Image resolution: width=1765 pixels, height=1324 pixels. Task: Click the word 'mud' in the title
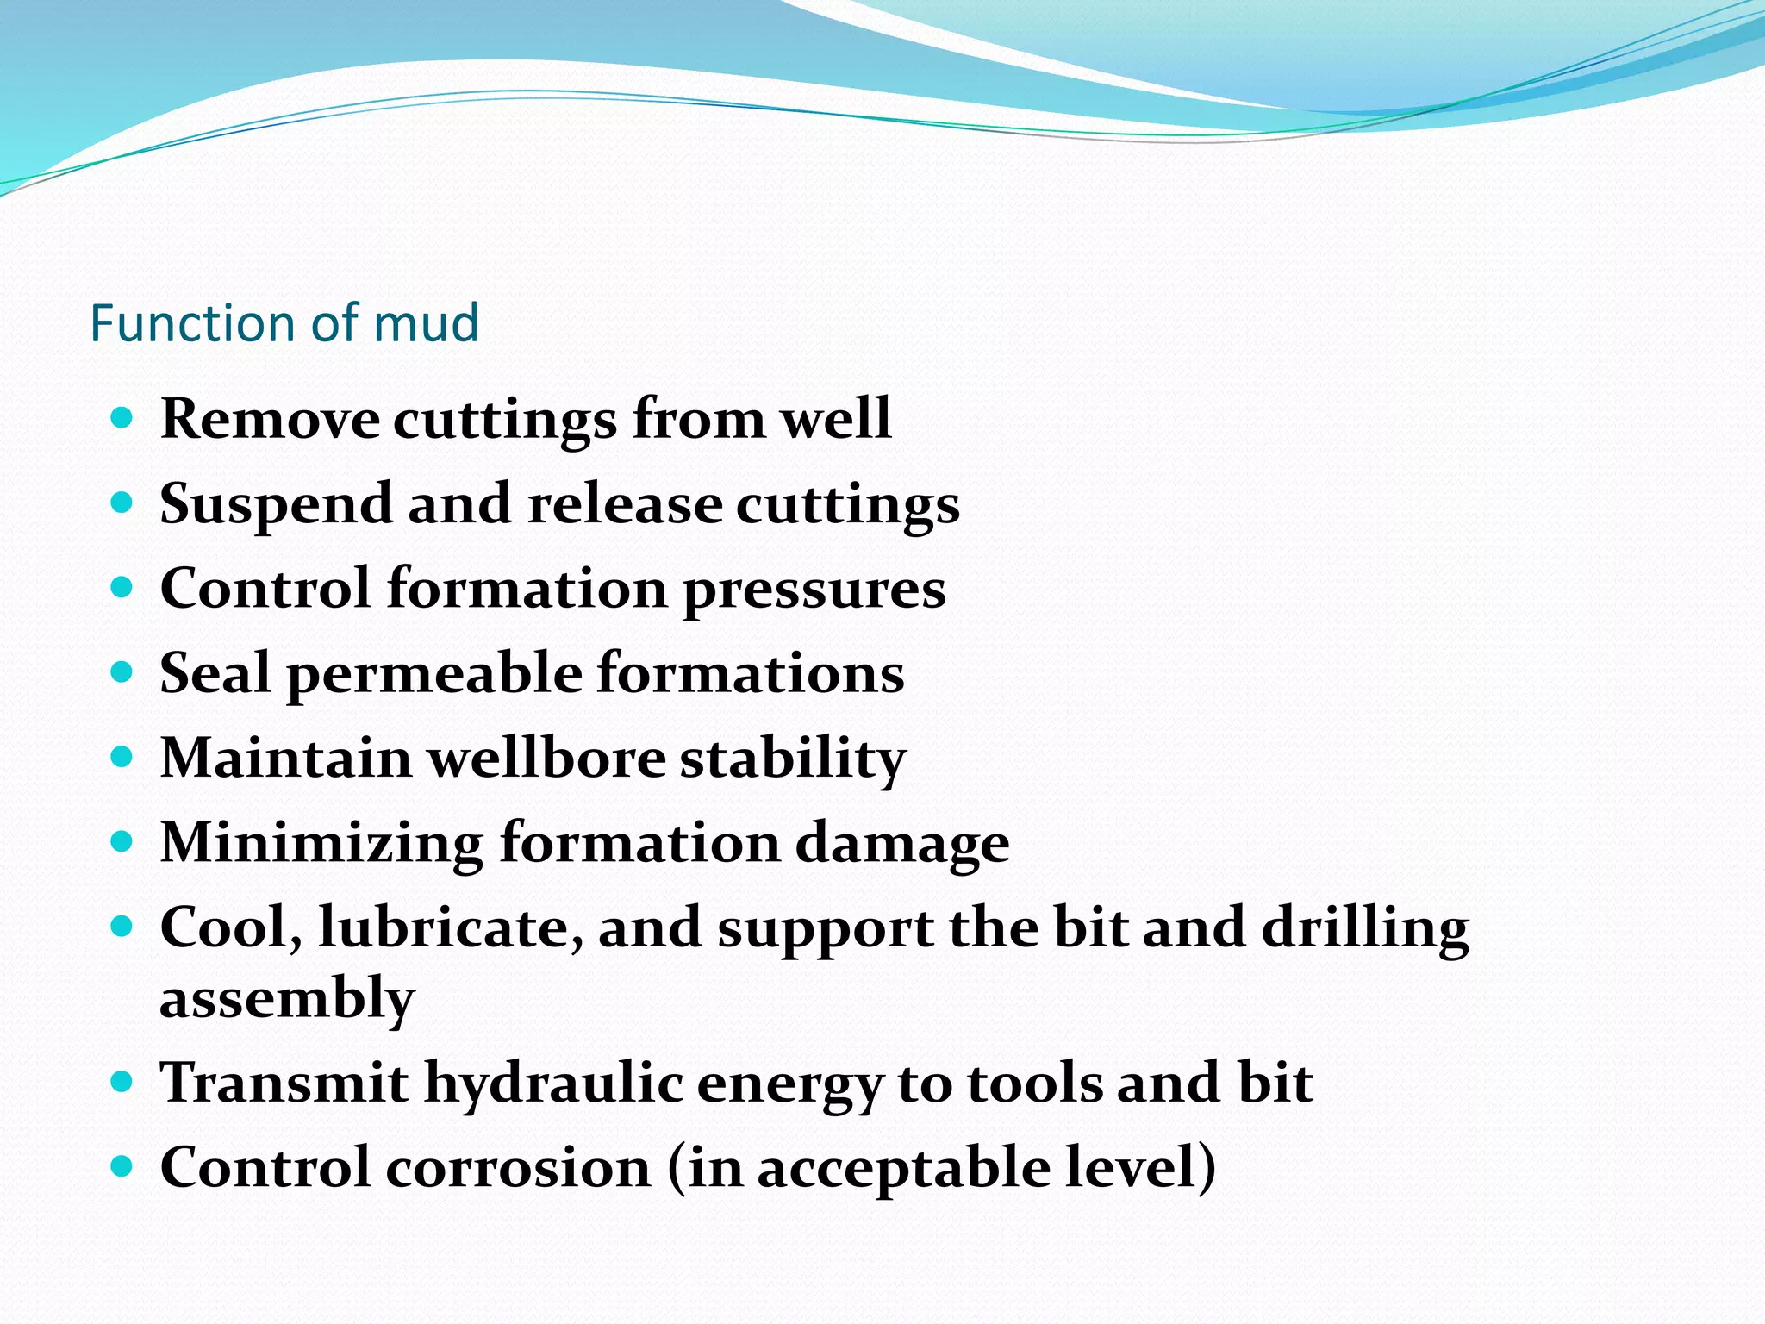coord(426,324)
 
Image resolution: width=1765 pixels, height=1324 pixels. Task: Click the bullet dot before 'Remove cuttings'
coord(122,419)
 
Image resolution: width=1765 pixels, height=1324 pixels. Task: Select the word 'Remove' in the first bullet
coord(270,420)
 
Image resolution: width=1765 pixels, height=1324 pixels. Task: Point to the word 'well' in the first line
coord(835,420)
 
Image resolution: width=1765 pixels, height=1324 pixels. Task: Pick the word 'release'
coord(625,504)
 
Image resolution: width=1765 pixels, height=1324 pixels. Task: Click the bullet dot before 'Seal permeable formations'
coord(122,672)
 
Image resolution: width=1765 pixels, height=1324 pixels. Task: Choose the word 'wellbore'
coord(547,759)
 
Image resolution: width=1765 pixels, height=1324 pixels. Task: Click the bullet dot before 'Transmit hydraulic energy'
coord(122,1081)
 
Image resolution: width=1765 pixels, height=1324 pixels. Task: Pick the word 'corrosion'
coord(518,1168)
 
